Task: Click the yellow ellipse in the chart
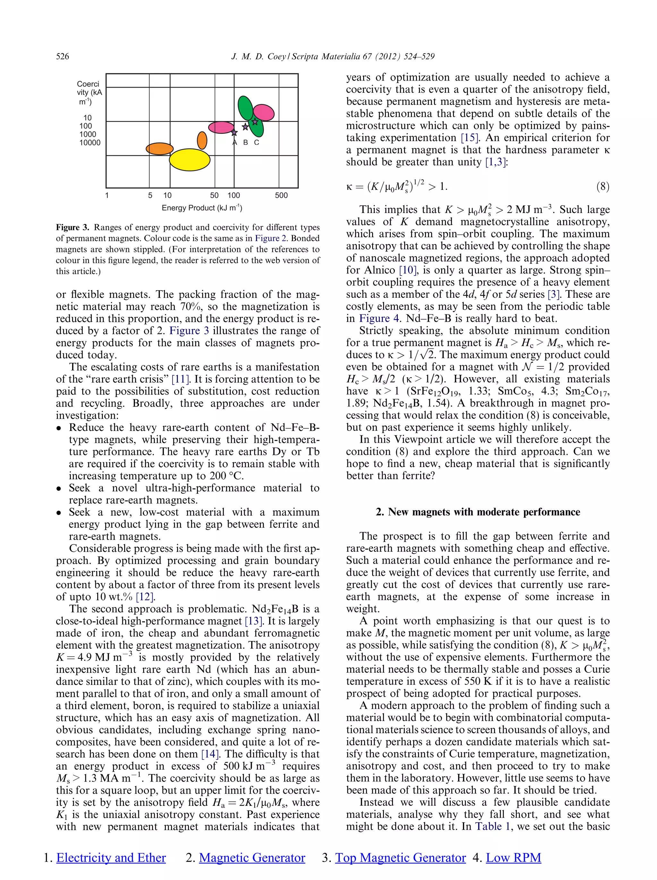point(190,160)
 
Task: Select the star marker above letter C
point(255,122)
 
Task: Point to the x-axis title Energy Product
point(202,208)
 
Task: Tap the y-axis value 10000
point(90,143)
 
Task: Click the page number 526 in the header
point(63,56)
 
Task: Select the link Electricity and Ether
point(111,858)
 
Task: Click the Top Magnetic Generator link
point(400,858)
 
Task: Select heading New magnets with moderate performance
point(478,512)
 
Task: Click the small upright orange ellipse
point(202,140)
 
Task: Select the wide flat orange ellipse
point(159,149)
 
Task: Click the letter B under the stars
point(245,142)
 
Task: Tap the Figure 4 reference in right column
point(374,319)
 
